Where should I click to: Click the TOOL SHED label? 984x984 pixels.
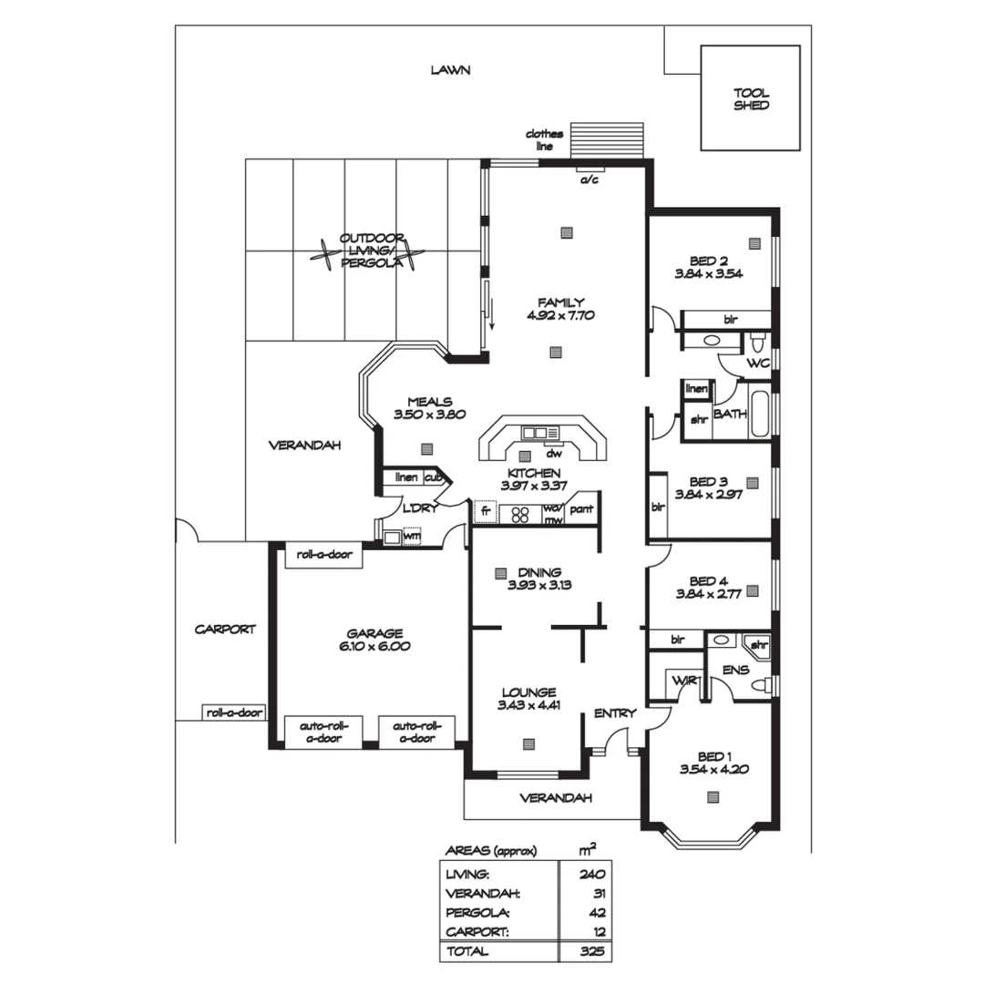click(751, 98)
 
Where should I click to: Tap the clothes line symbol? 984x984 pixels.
click(607, 140)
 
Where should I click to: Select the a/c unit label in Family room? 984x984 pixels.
click(589, 179)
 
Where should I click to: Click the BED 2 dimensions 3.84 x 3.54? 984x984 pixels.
click(709, 273)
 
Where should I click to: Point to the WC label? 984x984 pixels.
click(758, 364)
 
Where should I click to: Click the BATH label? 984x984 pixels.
click(730, 414)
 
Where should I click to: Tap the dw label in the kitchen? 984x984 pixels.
click(552, 454)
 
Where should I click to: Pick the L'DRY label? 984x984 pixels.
click(420, 509)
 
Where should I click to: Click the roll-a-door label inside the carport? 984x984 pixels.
click(234, 713)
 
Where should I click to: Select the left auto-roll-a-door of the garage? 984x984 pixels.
click(324, 732)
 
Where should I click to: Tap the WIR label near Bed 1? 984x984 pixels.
click(683, 681)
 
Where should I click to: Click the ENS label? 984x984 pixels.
click(734, 670)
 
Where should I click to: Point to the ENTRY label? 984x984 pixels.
click(614, 713)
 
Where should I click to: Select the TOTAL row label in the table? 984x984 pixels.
click(466, 950)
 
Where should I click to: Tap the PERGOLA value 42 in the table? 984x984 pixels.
click(597, 911)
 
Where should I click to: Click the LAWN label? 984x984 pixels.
click(450, 70)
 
